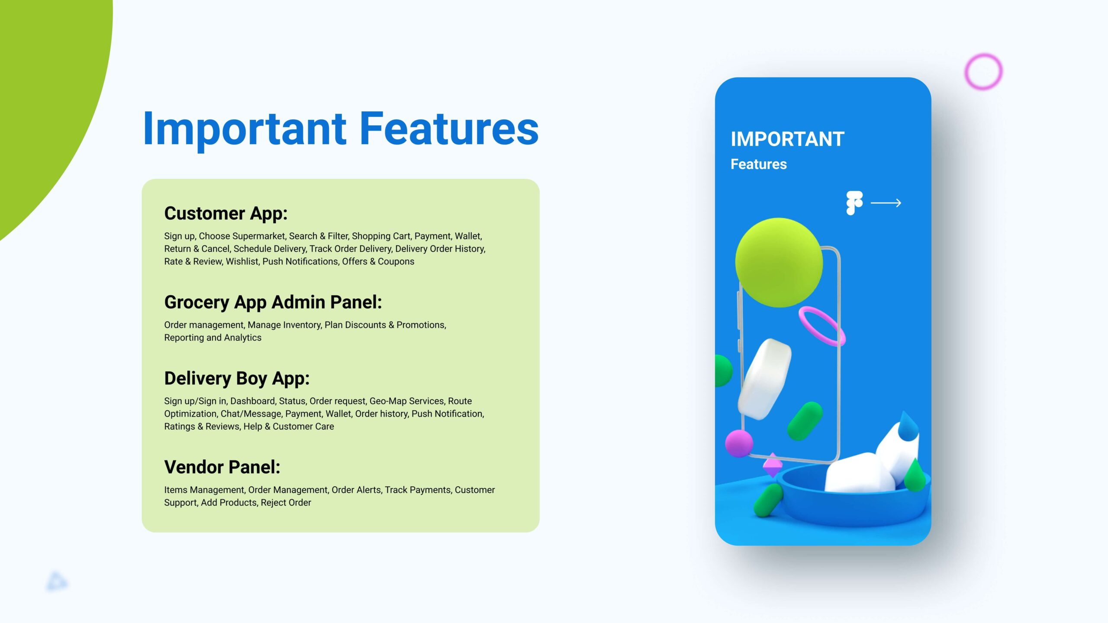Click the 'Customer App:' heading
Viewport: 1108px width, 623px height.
(x=225, y=214)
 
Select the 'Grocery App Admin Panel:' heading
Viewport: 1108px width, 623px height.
(x=273, y=302)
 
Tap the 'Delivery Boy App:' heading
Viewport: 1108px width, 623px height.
(x=237, y=379)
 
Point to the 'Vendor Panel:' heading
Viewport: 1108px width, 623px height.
(x=222, y=467)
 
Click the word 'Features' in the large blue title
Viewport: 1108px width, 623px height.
(x=449, y=128)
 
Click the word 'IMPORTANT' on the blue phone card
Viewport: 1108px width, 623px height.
(x=787, y=139)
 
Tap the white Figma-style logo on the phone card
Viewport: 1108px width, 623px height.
(x=854, y=202)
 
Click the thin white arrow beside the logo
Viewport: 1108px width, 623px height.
(x=886, y=203)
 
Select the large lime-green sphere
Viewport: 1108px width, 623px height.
(x=779, y=263)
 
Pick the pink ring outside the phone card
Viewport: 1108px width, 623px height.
(x=983, y=72)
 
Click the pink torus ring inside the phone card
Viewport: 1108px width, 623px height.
(x=821, y=326)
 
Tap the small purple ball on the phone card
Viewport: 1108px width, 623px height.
(x=739, y=443)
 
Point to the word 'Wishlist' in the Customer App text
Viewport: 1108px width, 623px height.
(x=242, y=262)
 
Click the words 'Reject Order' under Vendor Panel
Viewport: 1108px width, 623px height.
(x=286, y=503)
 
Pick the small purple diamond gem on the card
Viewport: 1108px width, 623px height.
(x=773, y=466)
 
